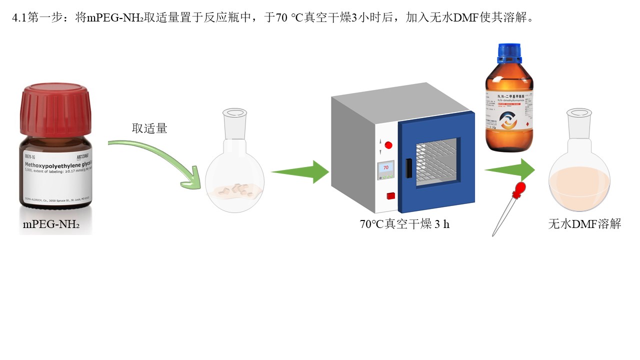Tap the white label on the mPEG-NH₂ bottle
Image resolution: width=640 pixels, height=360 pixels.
56,173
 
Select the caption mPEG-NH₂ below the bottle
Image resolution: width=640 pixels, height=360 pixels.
51,224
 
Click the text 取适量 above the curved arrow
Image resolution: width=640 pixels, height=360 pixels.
149,128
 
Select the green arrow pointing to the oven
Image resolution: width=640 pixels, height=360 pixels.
299,171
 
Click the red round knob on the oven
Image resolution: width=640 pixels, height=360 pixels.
388,145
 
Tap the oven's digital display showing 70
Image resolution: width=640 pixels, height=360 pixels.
386,168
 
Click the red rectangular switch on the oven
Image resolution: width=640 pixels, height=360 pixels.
390,195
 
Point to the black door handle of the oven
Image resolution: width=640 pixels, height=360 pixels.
408,167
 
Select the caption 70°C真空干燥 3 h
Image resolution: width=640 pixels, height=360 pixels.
404,224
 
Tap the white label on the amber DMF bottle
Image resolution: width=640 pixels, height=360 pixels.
509,115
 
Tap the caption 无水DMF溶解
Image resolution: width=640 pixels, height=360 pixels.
584,224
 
